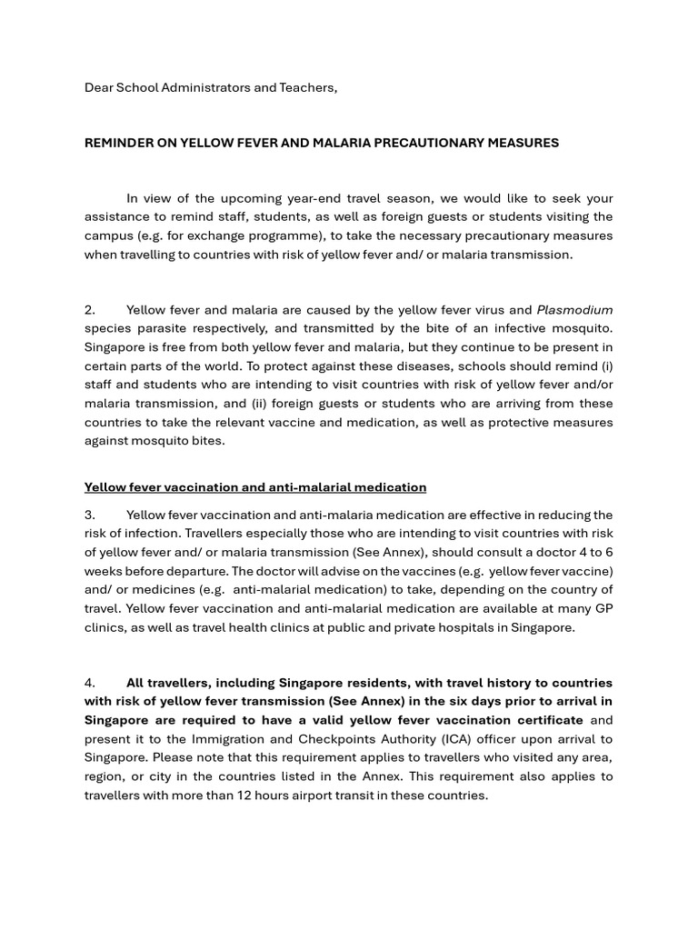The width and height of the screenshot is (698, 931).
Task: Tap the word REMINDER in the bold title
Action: (122, 143)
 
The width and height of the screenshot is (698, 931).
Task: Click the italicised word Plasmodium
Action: (574, 310)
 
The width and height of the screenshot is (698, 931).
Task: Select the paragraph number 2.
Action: (90, 310)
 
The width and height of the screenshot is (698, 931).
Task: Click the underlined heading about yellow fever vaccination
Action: (254, 487)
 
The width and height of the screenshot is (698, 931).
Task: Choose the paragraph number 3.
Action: (90, 516)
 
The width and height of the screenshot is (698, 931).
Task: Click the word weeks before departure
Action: (104, 571)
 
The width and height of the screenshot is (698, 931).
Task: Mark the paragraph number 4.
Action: (90, 683)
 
